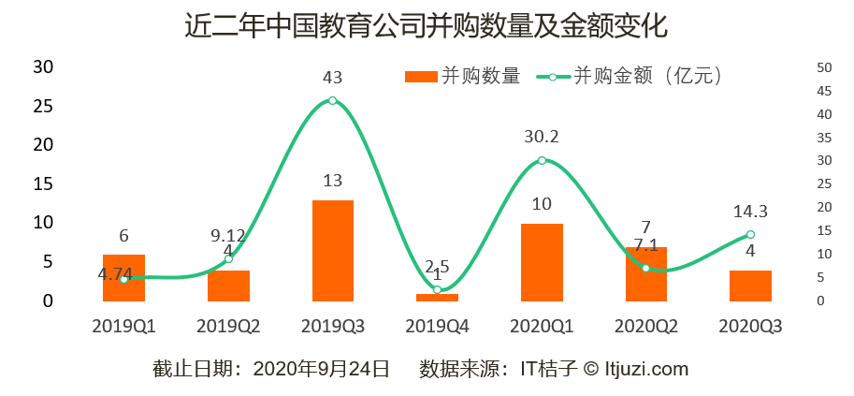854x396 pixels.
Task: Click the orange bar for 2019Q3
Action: click(333, 251)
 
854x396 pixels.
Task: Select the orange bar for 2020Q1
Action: click(542, 262)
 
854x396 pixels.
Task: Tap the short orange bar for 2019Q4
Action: click(437, 298)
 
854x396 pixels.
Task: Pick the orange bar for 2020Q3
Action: click(750, 286)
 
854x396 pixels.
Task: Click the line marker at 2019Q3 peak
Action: click(332, 101)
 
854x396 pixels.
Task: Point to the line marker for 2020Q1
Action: click(542, 160)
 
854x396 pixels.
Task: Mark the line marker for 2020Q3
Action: click(750, 235)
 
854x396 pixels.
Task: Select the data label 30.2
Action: click(542, 137)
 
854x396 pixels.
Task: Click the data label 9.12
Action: click(228, 235)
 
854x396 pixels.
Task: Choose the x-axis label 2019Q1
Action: click(123, 326)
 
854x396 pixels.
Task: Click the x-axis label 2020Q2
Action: click(645, 326)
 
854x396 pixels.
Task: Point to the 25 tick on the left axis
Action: click(42, 106)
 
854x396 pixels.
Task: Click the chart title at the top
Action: click(426, 25)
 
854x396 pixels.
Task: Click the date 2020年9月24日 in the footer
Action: click(321, 369)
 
